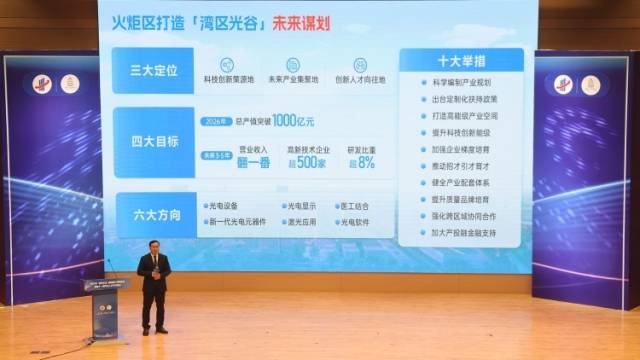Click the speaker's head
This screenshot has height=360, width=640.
pyautogui.click(x=154, y=245)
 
